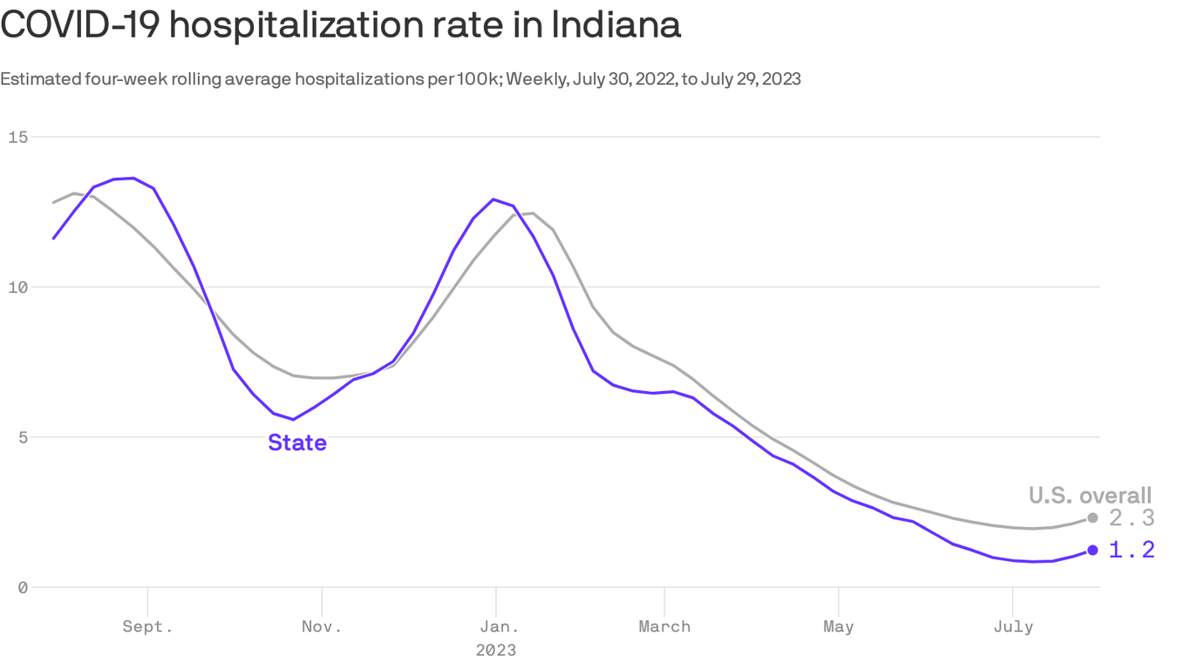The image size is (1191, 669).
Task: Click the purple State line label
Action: point(297,443)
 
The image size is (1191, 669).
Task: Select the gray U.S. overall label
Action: point(1090,495)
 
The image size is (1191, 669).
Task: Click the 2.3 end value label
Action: point(1132,518)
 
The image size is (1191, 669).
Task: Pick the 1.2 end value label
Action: point(1132,550)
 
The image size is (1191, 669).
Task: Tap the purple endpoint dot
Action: point(1092,550)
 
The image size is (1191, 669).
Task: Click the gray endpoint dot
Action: point(1092,518)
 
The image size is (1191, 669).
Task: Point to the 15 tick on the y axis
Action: point(18,137)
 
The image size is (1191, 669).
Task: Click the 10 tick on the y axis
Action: point(18,287)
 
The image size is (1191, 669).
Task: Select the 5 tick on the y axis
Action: point(23,436)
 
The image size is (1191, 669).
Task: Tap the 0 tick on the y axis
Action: point(23,587)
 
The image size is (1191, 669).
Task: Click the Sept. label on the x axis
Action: point(148,626)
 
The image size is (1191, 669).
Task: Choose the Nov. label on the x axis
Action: point(322,626)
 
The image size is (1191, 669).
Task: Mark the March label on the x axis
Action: point(664,626)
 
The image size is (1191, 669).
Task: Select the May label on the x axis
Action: point(838,626)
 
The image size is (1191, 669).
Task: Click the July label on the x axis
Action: point(1012,626)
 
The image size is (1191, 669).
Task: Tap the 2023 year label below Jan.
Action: point(496,650)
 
